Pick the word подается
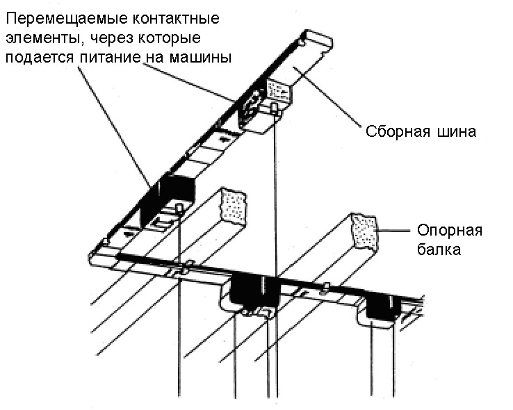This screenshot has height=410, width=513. (38, 58)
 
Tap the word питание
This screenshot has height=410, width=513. (109, 58)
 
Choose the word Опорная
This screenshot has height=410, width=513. (448, 231)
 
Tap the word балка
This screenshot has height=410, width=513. (438, 249)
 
